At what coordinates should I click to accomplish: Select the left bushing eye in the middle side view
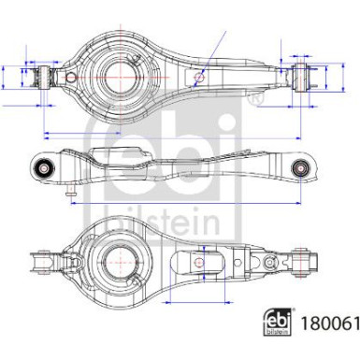[x=43, y=167]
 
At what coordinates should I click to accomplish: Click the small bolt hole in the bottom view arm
[x=203, y=265]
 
